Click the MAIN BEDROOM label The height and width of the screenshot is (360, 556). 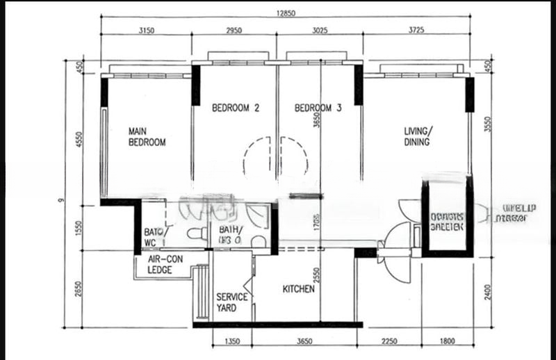point(147,136)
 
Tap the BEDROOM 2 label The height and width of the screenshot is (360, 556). point(236,108)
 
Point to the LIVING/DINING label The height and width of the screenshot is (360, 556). point(418,136)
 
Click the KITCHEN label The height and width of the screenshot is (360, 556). point(298,289)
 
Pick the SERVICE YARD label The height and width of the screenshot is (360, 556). point(232,302)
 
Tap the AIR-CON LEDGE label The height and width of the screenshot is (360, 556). point(164,265)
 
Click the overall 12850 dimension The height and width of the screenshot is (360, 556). point(289,13)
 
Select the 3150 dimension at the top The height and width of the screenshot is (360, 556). point(146,30)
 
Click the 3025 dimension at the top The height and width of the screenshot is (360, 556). point(319,30)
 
